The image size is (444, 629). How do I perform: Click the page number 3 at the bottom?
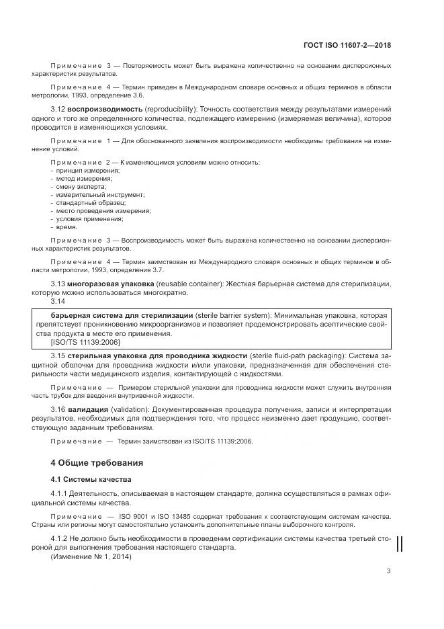tap(389, 571)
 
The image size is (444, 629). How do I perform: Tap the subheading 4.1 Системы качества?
tap(83, 479)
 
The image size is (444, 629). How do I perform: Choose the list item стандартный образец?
tap(86, 202)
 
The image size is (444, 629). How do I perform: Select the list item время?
tap(67, 226)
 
